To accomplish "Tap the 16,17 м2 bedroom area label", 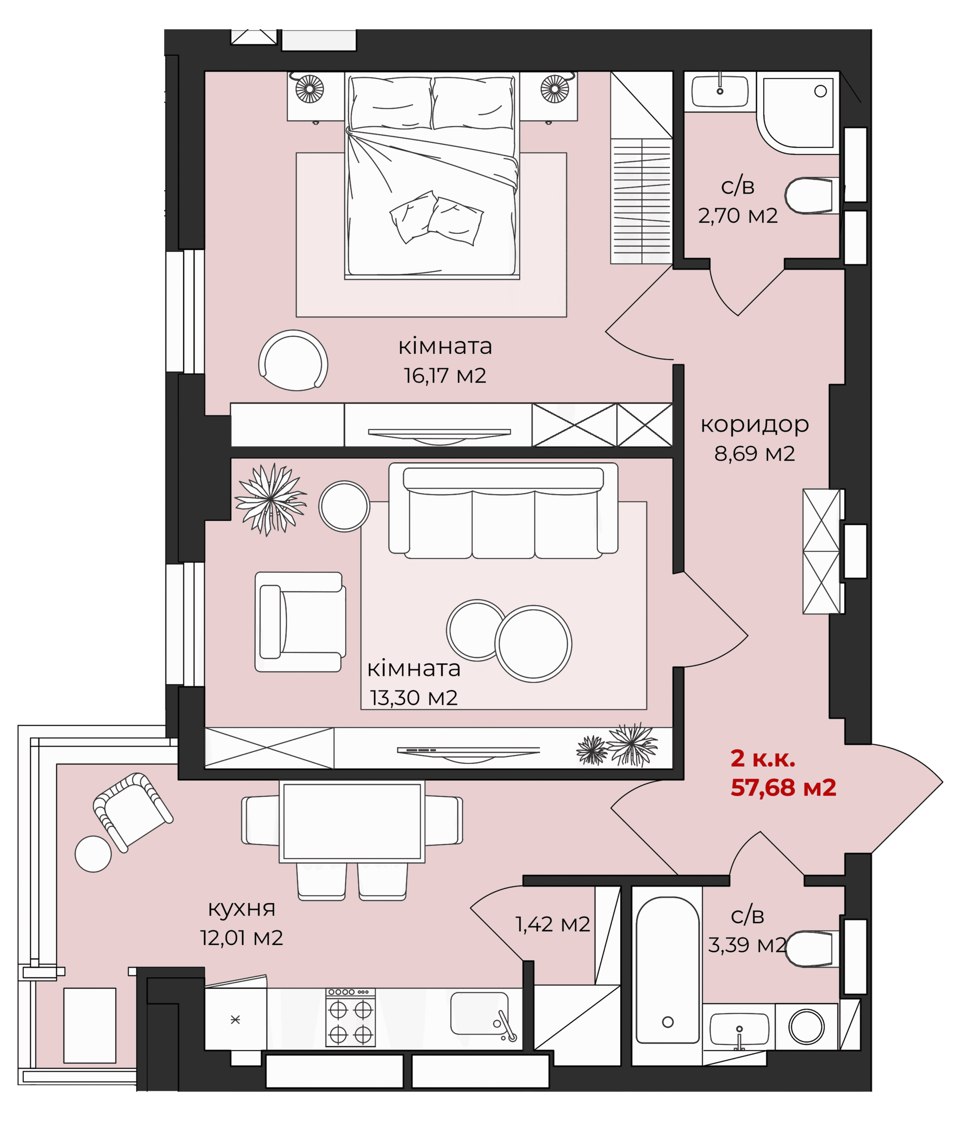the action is tap(445, 376).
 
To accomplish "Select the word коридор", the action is tap(754, 425).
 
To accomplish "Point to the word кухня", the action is tap(241, 909).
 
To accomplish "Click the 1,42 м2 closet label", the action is tap(553, 924).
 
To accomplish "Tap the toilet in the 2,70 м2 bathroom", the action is tap(811, 195).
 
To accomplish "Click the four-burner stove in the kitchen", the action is tap(351, 1018).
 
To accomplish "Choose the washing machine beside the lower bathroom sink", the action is tap(806, 1026).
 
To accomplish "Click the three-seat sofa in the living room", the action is tap(503, 511).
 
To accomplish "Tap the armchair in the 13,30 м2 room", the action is tap(300, 622).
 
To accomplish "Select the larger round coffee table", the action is tap(533, 644).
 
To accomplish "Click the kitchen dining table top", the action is tap(352, 821).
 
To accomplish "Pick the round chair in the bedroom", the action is tap(293, 360).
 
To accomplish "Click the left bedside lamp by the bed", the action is tap(309, 88).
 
